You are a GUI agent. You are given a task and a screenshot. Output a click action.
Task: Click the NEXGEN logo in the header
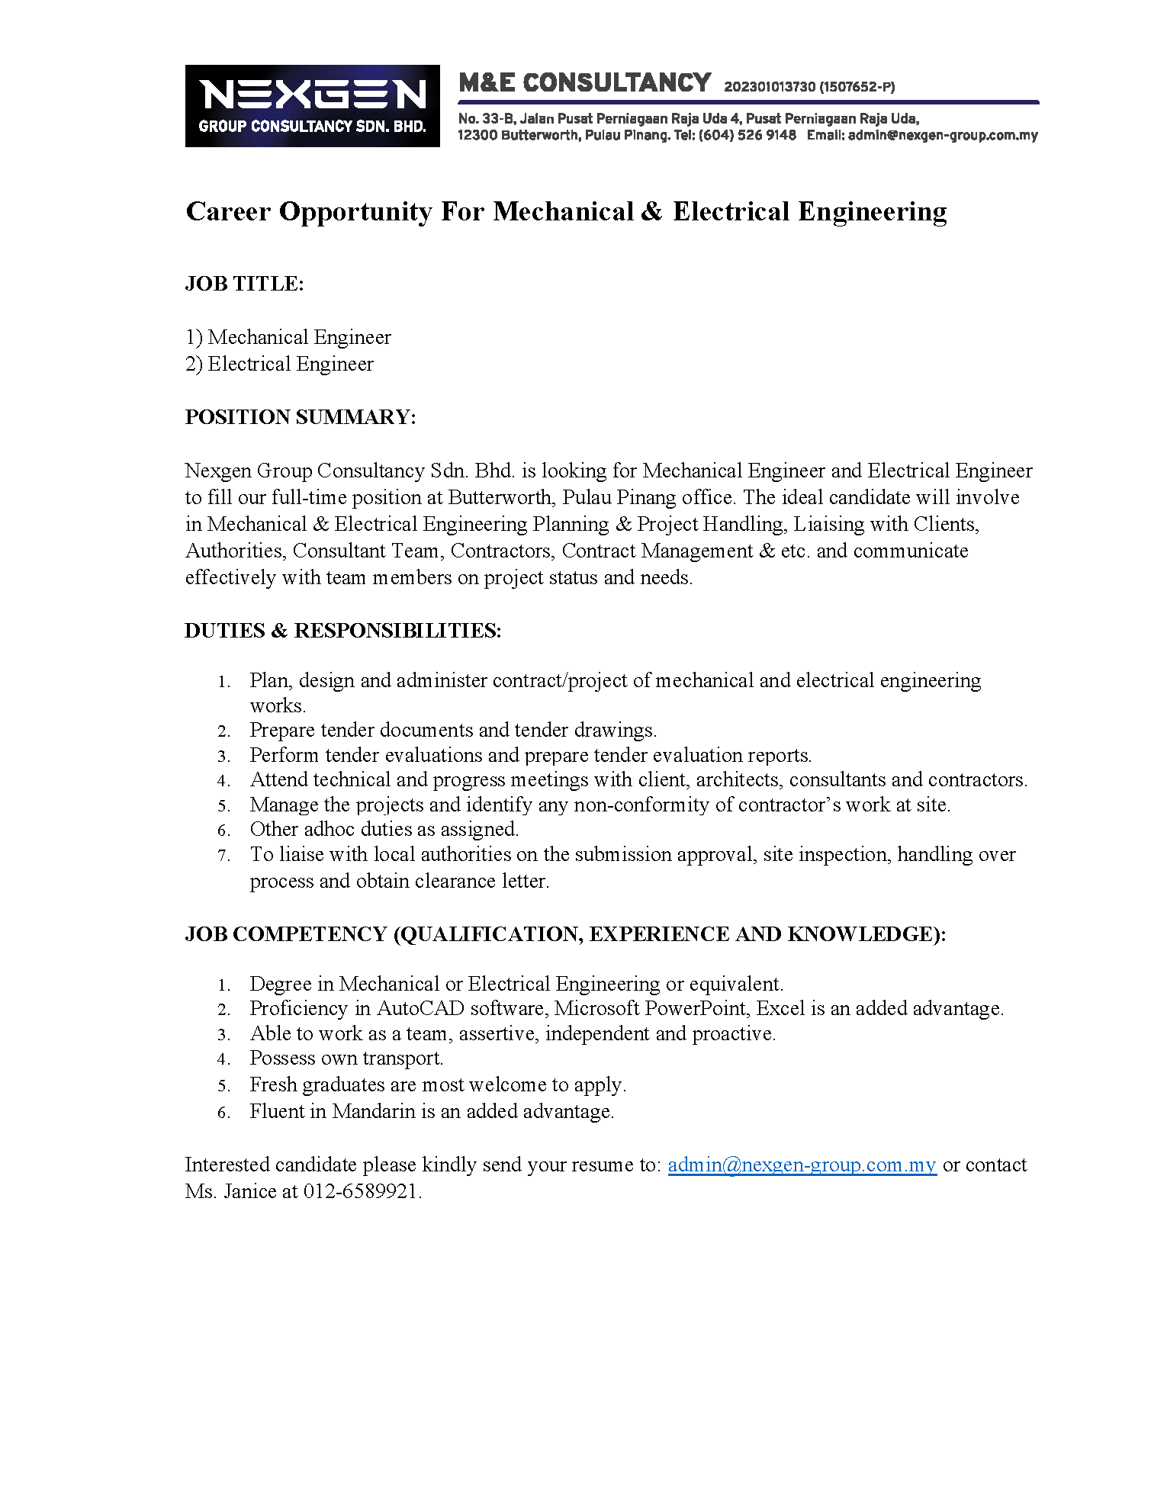pos(312,105)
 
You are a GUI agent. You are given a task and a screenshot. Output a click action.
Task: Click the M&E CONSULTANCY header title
pos(584,82)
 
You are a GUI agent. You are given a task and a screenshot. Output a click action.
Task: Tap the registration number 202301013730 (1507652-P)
pos(809,87)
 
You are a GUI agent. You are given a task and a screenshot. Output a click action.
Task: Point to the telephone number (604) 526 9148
pos(747,135)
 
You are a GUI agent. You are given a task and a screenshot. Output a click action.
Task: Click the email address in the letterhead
pos(942,135)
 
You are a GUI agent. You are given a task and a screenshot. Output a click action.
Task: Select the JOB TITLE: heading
pos(244,284)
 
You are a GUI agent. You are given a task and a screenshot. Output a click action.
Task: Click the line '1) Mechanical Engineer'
pos(288,337)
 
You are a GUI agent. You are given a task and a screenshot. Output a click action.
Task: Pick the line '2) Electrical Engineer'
pos(279,364)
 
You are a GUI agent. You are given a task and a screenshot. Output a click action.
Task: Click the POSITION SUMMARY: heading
pos(301,417)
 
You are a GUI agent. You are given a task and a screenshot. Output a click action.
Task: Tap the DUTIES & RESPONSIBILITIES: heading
pos(342,631)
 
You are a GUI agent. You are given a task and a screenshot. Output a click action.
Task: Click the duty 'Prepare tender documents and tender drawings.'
pos(453,730)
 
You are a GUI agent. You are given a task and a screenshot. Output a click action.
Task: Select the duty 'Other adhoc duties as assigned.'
pos(384,829)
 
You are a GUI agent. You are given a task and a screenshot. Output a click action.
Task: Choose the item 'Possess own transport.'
pos(346,1058)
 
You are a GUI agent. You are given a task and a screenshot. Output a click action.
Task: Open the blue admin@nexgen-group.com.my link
pos(802,1165)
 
